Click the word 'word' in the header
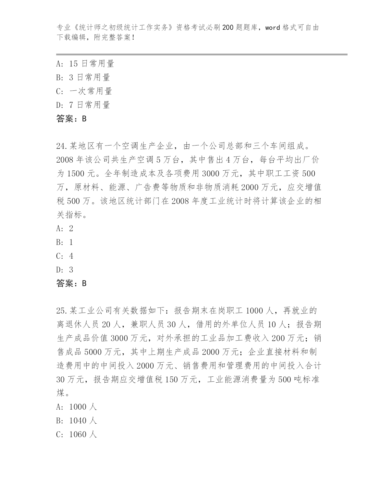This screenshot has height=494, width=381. [x=273, y=28]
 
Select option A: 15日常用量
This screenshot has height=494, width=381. [x=85, y=63]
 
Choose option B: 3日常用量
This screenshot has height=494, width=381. [x=83, y=77]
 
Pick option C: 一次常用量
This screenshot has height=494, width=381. [x=84, y=91]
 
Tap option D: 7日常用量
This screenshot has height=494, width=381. [x=83, y=105]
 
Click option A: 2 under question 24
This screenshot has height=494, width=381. [x=65, y=229]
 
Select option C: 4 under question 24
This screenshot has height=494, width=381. [x=65, y=256]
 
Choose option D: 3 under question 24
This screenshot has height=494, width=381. [x=65, y=270]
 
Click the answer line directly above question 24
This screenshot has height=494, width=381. [x=71, y=119]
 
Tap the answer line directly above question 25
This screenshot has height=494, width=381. [x=71, y=283]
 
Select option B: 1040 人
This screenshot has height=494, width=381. [x=76, y=421]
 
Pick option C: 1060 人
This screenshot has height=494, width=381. [x=76, y=435]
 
